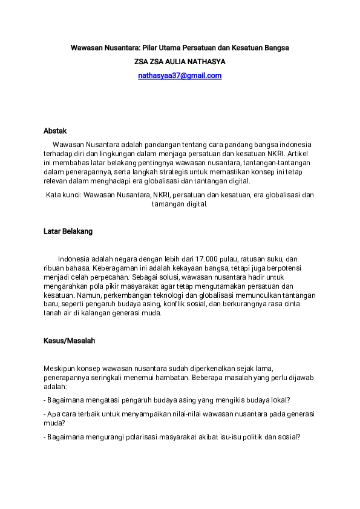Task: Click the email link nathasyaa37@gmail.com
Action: (180, 76)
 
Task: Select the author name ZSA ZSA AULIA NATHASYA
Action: (180, 62)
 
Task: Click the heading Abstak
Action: (55, 131)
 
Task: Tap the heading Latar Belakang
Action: (68, 231)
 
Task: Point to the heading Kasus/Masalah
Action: (69, 341)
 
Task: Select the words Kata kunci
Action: (63, 195)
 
